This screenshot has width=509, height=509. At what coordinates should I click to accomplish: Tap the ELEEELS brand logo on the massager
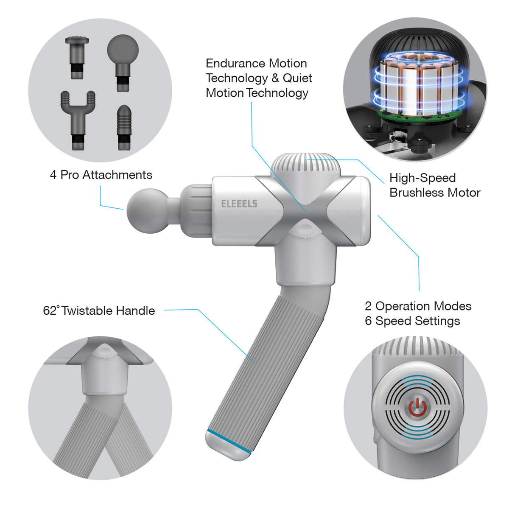point(239,204)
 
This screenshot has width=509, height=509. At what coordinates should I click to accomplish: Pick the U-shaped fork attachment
point(78,120)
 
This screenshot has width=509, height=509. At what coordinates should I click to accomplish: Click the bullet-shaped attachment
point(124,128)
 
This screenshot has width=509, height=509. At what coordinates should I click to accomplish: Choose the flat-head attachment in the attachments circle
point(77,58)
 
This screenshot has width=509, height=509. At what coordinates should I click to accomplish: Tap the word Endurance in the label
point(235,64)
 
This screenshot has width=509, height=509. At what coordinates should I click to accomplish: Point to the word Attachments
point(117,175)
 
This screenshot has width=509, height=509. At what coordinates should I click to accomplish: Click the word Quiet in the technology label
point(297,78)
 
